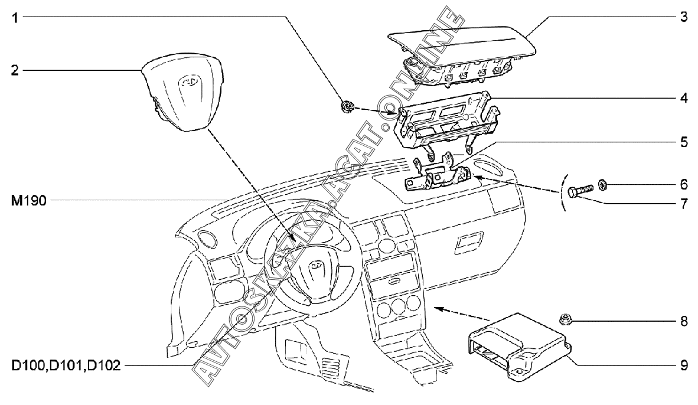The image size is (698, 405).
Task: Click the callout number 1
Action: pyautogui.click(x=16, y=18)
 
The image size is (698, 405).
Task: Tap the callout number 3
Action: pyautogui.click(x=683, y=17)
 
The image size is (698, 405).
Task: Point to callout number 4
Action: pyautogui.click(x=683, y=98)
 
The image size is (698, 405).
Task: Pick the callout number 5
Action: pyautogui.click(x=683, y=142)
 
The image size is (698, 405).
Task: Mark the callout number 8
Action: pyautogui.click(x=683, y=322)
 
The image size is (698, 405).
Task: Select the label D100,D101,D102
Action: pyautogui.click(x=66, y=366)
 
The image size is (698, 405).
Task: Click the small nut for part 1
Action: pyautogui.click(x=346, y=107)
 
